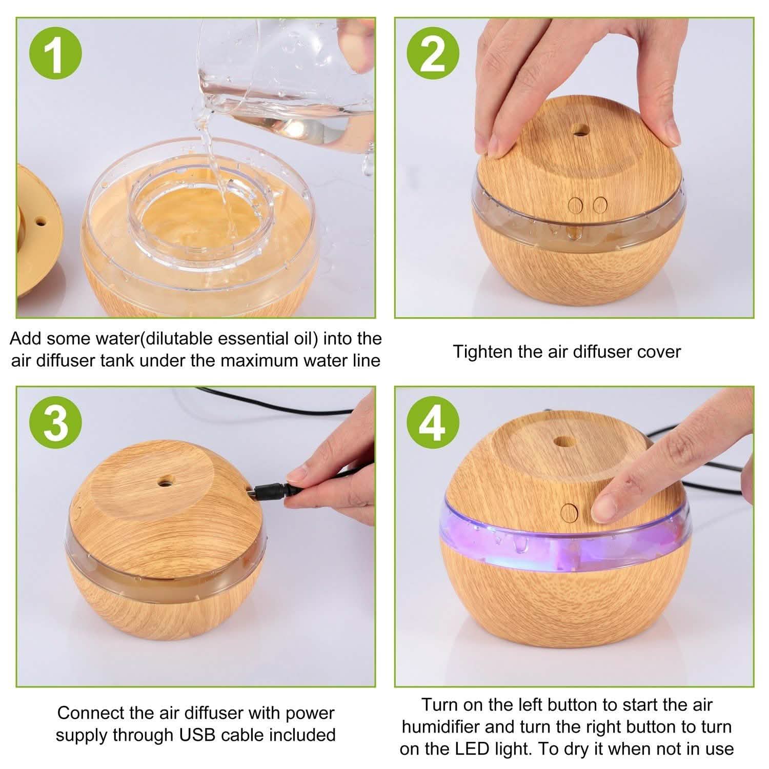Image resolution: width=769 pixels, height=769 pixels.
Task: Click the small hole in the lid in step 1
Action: click(x=40, y=222)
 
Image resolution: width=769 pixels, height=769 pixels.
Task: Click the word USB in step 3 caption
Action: click(x=197, y=735)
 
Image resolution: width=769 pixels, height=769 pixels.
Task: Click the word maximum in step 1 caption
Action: click(x=257, y=360)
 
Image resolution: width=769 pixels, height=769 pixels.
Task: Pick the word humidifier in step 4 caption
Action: click(x=441, y=727)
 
